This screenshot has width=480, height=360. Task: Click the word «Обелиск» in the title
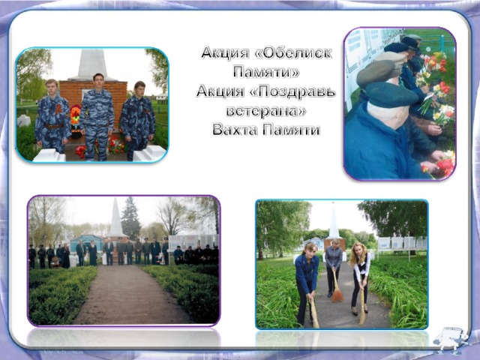point(293,53)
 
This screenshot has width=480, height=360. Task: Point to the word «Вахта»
point(235,130)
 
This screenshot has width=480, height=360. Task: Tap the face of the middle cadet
point(98,81)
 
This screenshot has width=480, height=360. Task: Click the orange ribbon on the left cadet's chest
point(58,109)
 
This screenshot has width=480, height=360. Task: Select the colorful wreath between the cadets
point(75,118)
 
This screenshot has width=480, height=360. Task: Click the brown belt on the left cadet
point(53,126)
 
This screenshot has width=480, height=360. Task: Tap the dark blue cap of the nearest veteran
point(391,94)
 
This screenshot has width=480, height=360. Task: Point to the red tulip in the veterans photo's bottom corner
point(445,165)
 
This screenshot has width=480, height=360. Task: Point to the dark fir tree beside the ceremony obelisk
point(130,219)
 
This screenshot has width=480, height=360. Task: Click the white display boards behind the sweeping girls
point(402,243)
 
